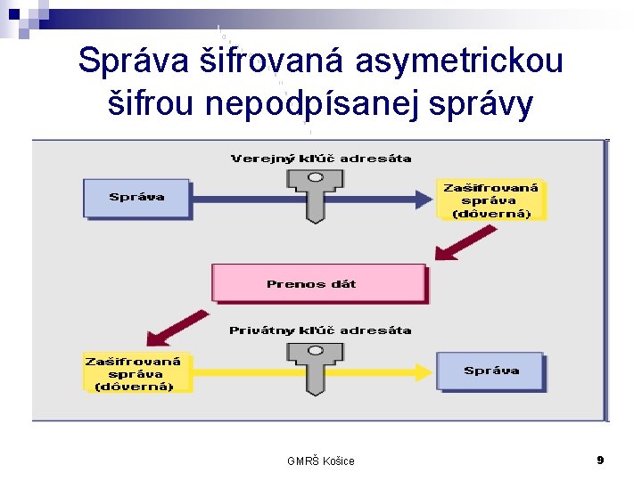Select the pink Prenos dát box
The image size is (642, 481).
click(x=318, y=283)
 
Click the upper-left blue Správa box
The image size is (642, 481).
click(x=136, y=198)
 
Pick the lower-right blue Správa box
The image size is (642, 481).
click(x=490, y=371)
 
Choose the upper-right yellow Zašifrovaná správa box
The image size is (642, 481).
click(x=490, y=200)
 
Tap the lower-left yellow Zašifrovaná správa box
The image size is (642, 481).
click(x=136, y=373)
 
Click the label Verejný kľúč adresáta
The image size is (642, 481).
click(x=321, y=159)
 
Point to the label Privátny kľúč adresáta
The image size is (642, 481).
click(x=320, y=330)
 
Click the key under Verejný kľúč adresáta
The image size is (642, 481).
click(x=312, y=193)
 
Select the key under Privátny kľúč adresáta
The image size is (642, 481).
click(x=312, y=366)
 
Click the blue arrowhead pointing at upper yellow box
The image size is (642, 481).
click(x=424, y=199)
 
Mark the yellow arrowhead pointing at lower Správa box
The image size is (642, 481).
click(x=423, y=371)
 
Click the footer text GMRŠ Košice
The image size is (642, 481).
click(x=321, y=461)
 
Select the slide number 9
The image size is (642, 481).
click(x=600, y=460)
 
